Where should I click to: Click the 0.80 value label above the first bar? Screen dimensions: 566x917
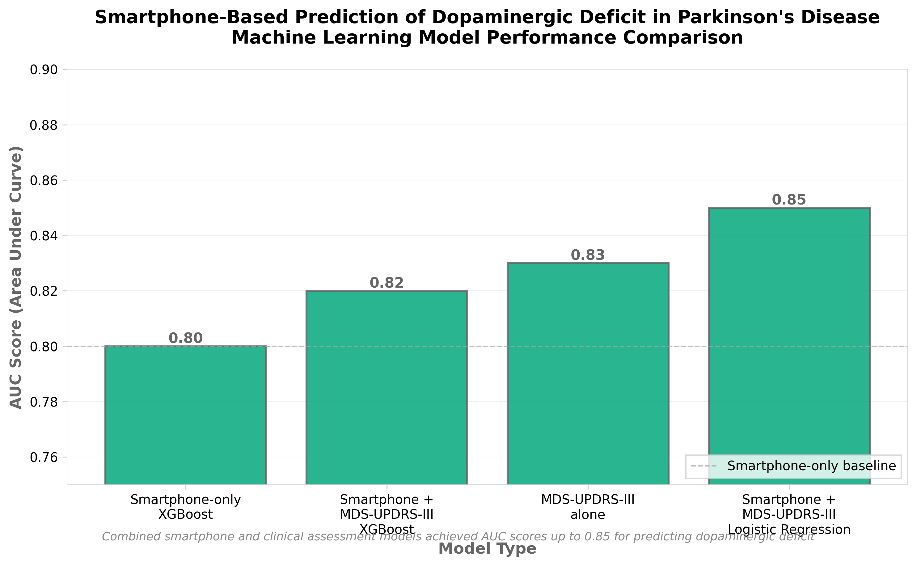(186, 338)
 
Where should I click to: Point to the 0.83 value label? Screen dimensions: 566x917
(588, 255)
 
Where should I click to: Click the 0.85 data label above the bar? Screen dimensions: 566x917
(789, 200)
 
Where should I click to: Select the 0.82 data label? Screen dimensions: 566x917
(387, 283)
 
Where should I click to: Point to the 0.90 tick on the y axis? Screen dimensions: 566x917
(44, 70)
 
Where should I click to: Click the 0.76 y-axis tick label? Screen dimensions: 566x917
(44, 458)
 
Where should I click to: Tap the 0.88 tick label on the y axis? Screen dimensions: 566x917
(44, 125)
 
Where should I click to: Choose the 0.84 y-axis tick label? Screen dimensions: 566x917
(44, 236)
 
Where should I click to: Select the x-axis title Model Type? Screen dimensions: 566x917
(487, 549)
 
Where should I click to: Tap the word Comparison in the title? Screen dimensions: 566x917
(678, 38)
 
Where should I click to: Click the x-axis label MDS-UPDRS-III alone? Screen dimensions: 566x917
(588, 507)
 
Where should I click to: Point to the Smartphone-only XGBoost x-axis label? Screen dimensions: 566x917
(186, 507)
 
